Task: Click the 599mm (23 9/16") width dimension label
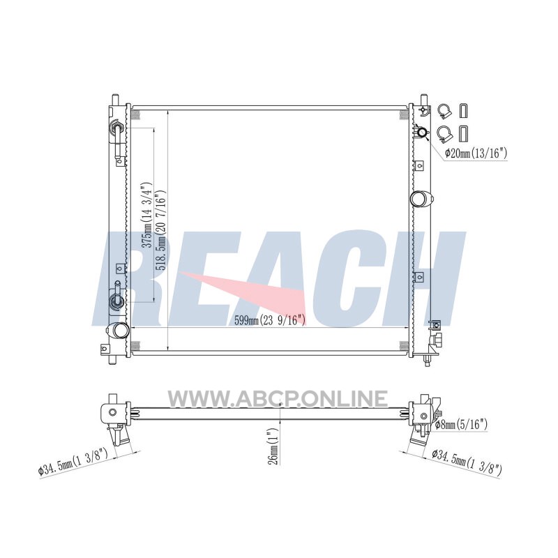pos(270,320)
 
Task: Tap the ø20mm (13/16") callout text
pos(476,153)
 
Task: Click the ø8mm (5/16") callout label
pos(462,424)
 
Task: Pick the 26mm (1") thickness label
pos(273,446)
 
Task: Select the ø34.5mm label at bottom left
pos(73,462)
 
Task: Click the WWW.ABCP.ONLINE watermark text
pos(278,398)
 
